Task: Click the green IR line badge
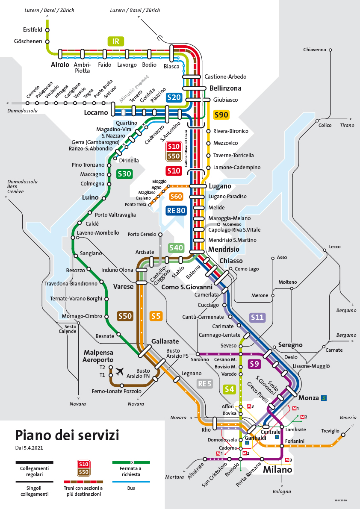[115, 41]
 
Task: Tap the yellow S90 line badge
[221, 115]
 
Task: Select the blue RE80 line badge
[176, 210]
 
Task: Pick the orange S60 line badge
[176, 197]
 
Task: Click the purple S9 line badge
[255, 364]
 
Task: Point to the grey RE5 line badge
[204, 383]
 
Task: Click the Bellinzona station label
[225, 88]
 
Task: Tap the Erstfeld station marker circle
[47, 30]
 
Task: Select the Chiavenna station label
[314, 50]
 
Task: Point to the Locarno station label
[96, 113]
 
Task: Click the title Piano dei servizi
[67, 435]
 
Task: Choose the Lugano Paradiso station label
[227, 197]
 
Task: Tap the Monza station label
[308, 398]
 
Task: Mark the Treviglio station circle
[342, 435]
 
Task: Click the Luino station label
[90, 198]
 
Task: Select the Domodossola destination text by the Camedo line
[22, 111]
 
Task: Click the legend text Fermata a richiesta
[131, 471]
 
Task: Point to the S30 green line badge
[124, 174]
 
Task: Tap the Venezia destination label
[348, 418]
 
